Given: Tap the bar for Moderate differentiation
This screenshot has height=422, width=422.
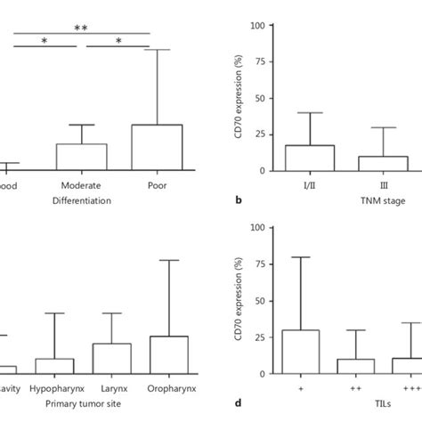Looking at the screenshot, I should pos(81,157).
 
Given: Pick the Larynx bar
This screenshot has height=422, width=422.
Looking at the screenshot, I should pos(111,358).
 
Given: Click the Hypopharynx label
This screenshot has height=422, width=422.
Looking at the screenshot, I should pos(55,389).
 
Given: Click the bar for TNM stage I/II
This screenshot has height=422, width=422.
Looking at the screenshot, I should pos(310,158).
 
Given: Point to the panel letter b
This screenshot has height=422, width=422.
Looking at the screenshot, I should pos(239,201).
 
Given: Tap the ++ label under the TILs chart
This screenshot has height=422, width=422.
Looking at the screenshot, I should pos(357,389).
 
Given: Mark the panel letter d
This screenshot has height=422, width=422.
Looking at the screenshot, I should pos(239,403).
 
